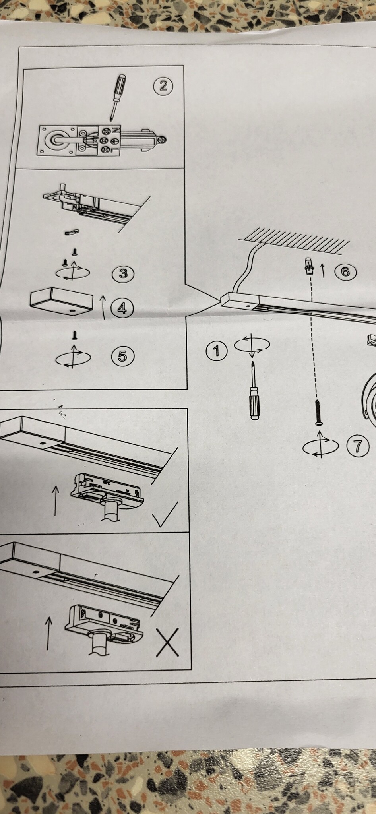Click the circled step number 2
(x=163, y=86)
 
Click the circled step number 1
(x=217, y=351)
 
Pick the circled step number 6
(x=345, y=272)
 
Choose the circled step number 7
(x=357, y=446)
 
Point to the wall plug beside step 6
(x=308, y=266)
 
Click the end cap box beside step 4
(x=62, y=301)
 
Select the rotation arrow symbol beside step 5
(x=73, y=357)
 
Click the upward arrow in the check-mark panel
(x=55, y=501)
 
